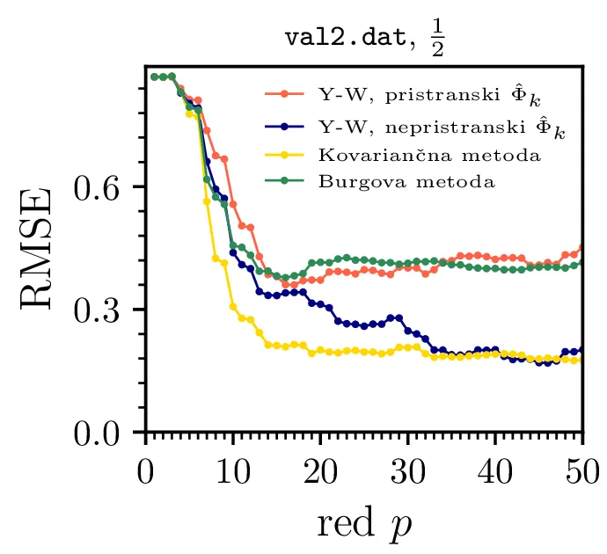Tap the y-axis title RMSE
[36, 248]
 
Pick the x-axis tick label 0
[146, 467]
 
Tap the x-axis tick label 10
[233, 467]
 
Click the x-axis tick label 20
[320, 467]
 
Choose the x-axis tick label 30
[407, 467]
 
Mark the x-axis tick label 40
[494, 467]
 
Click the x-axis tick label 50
[581, 467]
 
